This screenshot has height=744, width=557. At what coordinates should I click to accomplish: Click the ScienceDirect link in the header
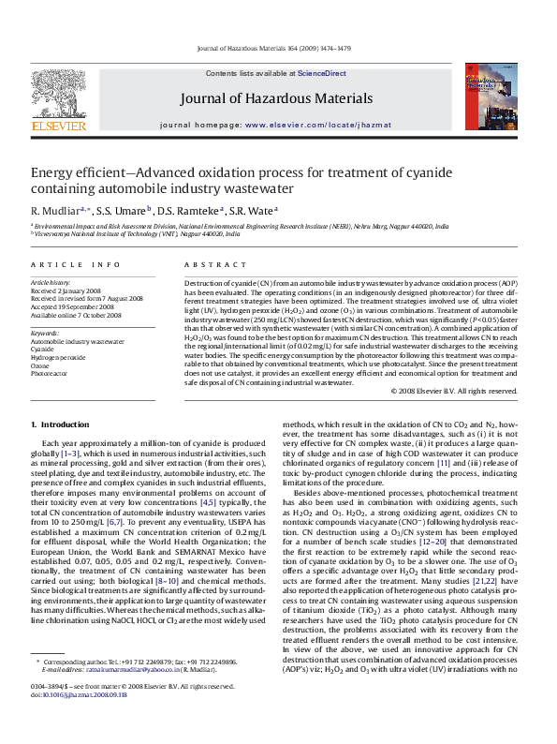click(x=322, y=73)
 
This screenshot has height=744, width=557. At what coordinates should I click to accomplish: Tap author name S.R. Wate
click(x=254, y=210)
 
